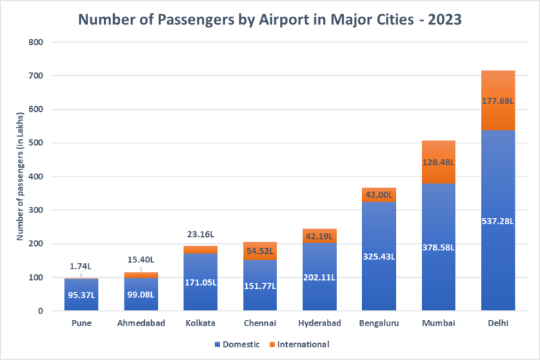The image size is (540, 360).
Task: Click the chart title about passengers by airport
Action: pos(269,19)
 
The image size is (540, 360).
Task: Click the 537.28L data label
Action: pos(498,221)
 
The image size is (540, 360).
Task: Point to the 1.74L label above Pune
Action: pos(82,267)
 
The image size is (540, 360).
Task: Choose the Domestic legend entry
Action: pos(236,345)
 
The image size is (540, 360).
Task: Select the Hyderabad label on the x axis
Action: pos(319,323)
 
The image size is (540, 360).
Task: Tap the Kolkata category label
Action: pos(200,323)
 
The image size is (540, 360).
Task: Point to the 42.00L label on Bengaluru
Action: pos(379,195)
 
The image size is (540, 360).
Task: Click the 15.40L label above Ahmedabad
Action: pos(141,260)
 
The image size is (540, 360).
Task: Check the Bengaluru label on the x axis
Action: pos(379,323)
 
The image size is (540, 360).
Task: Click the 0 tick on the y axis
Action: pos(40,311)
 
